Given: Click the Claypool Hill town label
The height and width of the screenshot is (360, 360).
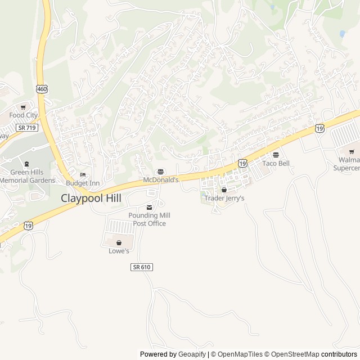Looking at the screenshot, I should click(x=91, y=198).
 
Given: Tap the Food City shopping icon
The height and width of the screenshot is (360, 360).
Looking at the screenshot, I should click(x=23, y=107).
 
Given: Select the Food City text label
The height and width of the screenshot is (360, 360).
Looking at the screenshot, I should click(x=23, y=115).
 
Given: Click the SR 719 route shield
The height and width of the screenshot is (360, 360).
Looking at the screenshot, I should click(x=26, y=128).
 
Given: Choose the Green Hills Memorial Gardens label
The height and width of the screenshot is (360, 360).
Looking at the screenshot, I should click(x=28, y=176).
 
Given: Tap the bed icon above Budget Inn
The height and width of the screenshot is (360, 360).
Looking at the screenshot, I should click(x=83, y=174).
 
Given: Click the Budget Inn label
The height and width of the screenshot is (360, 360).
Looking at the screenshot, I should click(x=83, y=183).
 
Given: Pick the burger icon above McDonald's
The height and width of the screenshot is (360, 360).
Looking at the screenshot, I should click(x=161, y=172).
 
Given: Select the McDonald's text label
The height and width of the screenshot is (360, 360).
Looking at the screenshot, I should click(x=161, y=180).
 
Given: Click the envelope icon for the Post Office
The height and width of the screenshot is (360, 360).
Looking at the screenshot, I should click(x=149, y=207).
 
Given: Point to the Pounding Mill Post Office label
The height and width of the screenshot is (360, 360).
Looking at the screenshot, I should click(x=149, y=219).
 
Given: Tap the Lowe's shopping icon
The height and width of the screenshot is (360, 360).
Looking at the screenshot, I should click(x=119, y=242).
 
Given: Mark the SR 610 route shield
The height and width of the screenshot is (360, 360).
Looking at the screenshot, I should click(x=142, y=267).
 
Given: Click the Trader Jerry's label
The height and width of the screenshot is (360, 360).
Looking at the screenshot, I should click(x=224, y=198).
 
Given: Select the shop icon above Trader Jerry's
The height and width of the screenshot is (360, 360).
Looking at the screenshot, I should click(x=224, y=190).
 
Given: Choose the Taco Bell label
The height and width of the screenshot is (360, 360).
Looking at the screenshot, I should click(x=276, y=163).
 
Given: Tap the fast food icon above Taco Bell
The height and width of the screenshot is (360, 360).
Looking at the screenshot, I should click(x=276, y=155).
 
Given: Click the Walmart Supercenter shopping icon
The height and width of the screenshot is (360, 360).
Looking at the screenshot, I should click(x=352, y=151).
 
